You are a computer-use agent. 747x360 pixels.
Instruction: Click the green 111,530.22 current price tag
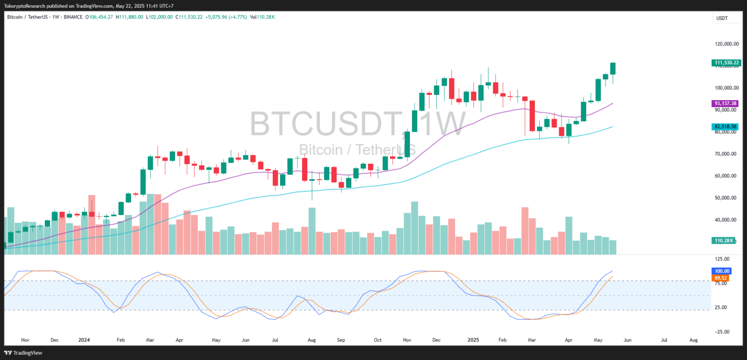tap(726, 63)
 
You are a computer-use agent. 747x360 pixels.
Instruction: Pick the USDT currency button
tap(722, 18)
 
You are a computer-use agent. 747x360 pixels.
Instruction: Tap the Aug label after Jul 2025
tap(694, 340)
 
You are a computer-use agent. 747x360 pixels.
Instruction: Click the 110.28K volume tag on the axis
tap(723, 240)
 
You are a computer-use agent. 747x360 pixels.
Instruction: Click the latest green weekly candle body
tap(613, 68)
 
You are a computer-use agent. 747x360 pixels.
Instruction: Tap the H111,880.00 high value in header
tap(129, 17)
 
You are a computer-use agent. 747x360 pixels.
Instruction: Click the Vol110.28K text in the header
tap(262, 17)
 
